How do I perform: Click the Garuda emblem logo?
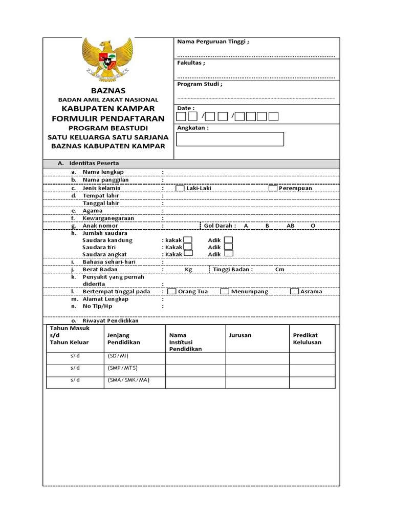coord(108,58)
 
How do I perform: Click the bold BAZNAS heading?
coord(108,90)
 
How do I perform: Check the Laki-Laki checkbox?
coord(180,188)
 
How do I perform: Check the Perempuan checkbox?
coord(273,188)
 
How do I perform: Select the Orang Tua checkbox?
coord(172,292)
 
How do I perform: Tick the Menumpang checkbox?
coord(225,292)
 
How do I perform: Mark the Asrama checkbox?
coord(295,292)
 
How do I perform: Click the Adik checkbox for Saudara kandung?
coord(228,240)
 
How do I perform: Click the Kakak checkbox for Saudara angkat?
coord(188,253)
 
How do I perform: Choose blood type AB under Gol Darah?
coord(291,226)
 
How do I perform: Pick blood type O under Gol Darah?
coord(313,226)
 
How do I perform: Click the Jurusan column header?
coord(241,335)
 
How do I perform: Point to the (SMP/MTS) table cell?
coord(123,368)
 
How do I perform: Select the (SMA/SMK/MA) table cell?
coord(128,380)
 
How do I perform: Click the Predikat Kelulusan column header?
coord(307,338)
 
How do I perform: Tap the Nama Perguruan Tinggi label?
coord(213,42)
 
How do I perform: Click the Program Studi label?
coord(200,84)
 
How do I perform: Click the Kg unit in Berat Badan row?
coord(188,270)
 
